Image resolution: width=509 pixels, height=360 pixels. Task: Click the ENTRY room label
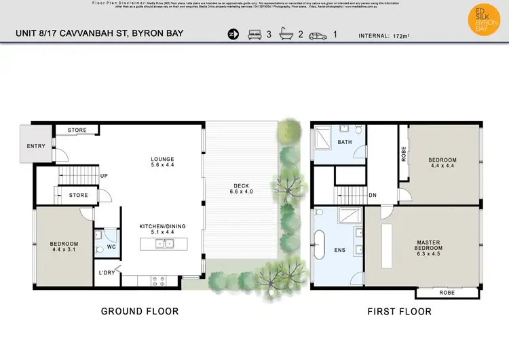tap(35, 146)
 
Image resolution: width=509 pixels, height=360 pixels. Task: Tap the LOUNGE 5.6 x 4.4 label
tap(162, 162)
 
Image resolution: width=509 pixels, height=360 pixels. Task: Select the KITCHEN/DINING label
tap(162, 229)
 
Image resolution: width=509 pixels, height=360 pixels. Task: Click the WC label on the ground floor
tap(111, 248)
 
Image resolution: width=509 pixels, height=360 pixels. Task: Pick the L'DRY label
tap(107, 273)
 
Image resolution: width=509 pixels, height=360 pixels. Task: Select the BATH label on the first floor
tap(344, 143)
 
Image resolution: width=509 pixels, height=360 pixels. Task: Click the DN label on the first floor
tap(373, 195)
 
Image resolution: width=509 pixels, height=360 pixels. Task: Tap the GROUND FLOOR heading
tap(139, 312)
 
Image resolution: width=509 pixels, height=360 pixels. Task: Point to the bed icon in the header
tap(254, 34)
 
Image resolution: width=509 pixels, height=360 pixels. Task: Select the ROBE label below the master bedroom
tap(447, 293)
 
